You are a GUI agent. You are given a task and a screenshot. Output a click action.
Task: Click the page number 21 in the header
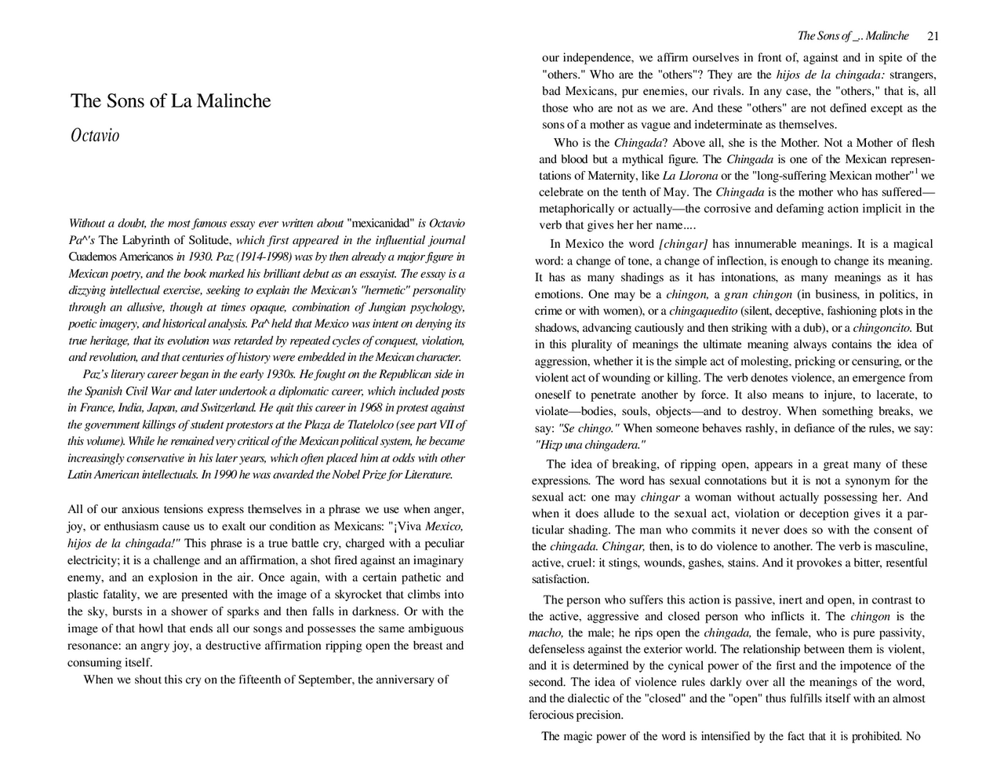pyautogui.click(x=933, y=36)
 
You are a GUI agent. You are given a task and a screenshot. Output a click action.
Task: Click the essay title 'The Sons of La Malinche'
pyautogui.click(x=170, y=101)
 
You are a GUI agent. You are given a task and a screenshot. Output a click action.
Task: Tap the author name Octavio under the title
pyautogui.click(x=95, y=136)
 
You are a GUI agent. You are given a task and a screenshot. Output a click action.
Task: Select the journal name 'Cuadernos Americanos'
pyautogui.click(x=121, y=257)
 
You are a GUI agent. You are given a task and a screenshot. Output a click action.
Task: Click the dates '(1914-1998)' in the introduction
pyautogui.click(x=259, y=257)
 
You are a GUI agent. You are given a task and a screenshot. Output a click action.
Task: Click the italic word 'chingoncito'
pyautogui.click(x=882, y=328)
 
